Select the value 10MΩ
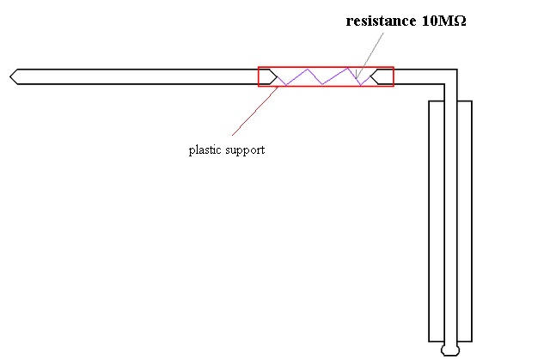443,21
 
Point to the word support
245,150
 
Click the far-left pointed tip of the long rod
10,76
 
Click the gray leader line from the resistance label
370,55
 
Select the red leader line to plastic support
255,111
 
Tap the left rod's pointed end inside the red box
277,76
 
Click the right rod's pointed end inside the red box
371,76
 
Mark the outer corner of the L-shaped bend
457,70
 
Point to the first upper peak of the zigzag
308,69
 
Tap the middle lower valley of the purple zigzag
322,84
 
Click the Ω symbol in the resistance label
461,21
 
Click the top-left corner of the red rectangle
259,67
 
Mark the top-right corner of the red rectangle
394,67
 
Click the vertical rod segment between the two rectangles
450,221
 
